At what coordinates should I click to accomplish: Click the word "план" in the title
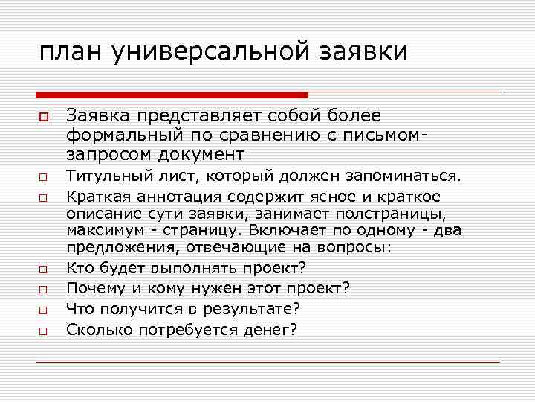click(x=71, y=52)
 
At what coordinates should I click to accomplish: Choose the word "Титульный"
click(x=101, y=177)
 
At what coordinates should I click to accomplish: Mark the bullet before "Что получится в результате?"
click(x=45, y=309)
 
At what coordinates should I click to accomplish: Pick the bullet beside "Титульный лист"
click(x=45, y=179)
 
